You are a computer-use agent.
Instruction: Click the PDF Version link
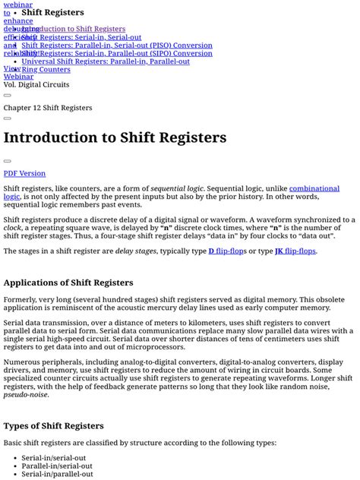coord(24,173)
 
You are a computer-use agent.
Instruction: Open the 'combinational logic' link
coord(314,188)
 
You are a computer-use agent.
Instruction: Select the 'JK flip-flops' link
coord(295,251)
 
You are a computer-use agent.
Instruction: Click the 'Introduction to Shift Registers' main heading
coord(115,137)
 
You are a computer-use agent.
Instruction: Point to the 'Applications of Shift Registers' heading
coord(68,283)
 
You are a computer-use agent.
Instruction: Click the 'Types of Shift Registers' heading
coord(53,425)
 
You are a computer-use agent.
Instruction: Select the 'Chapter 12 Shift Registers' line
coord(48,108)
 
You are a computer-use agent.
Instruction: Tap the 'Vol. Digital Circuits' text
coord(36,85)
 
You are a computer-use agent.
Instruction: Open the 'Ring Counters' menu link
coord(46,69)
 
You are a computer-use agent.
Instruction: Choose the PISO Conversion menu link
coord(117,46)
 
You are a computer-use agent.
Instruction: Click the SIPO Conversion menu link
coord(117,53)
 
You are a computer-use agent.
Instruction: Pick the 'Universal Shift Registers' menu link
coord(106,62)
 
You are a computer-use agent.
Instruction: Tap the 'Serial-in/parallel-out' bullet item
coord(58,474)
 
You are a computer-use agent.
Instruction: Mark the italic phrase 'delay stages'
coord(134,251)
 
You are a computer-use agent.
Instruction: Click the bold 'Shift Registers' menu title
coord(52,13)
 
